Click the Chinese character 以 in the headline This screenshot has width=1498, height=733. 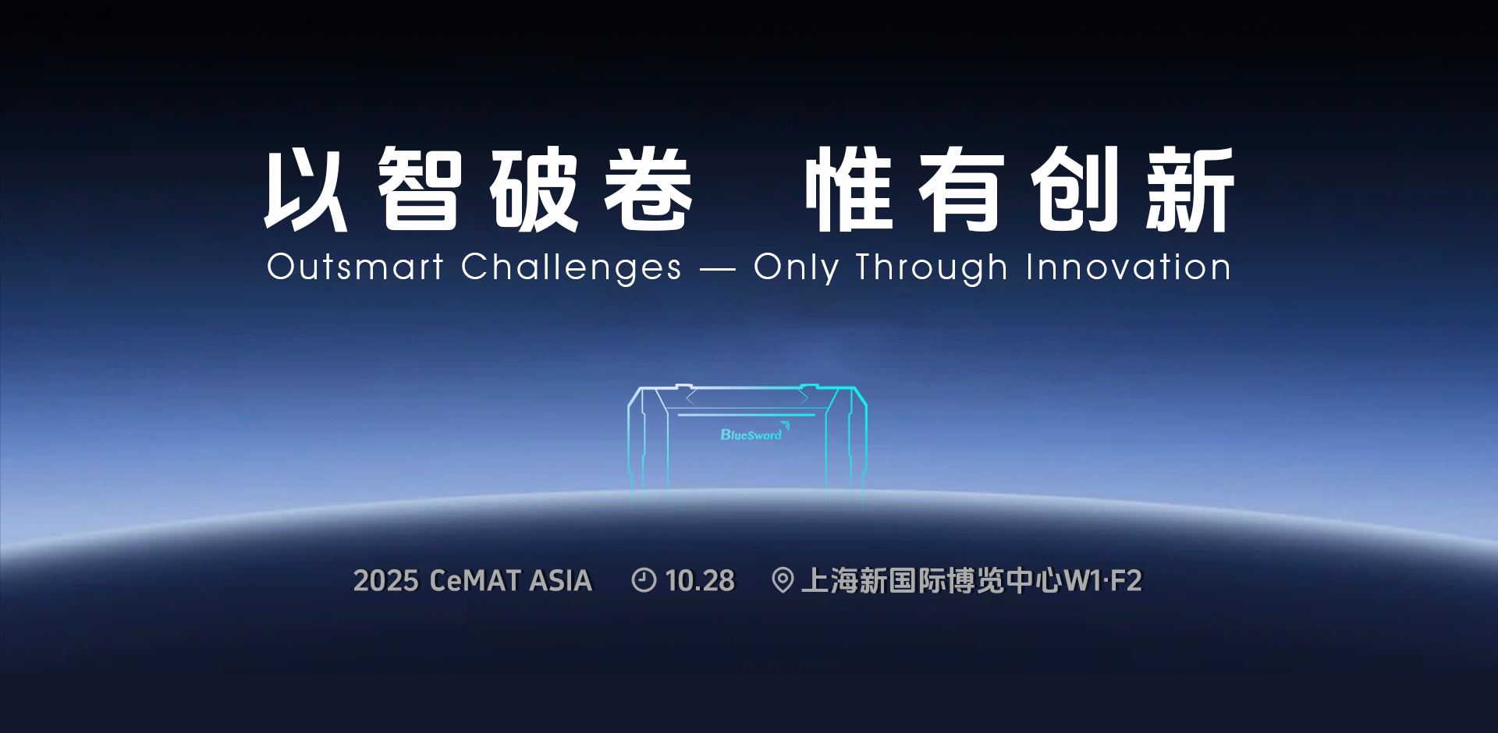point(306,189)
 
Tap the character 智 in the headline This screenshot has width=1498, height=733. point(420,189)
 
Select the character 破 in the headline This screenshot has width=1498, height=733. point(534,189)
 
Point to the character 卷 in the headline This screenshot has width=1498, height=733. point(648,189)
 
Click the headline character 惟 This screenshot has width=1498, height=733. point(849,189)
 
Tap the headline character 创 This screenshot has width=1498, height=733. point(1075,189)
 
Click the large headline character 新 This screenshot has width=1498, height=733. point(1190,189)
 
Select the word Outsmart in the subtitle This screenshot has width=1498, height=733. point(355,267)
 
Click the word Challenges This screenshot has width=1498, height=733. point(571,268)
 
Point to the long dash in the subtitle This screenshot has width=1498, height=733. point(718,270)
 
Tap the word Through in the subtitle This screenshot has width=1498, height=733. point(932,268)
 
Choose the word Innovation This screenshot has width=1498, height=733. point(1128,267)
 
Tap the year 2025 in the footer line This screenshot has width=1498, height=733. point(386,581)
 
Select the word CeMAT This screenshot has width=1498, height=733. point(475,581)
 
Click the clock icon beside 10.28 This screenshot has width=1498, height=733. point(644,580)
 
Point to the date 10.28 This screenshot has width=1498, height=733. point(700,581)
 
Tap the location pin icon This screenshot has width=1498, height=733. point(783,581)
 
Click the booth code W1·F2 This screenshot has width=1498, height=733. point(1102,581)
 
